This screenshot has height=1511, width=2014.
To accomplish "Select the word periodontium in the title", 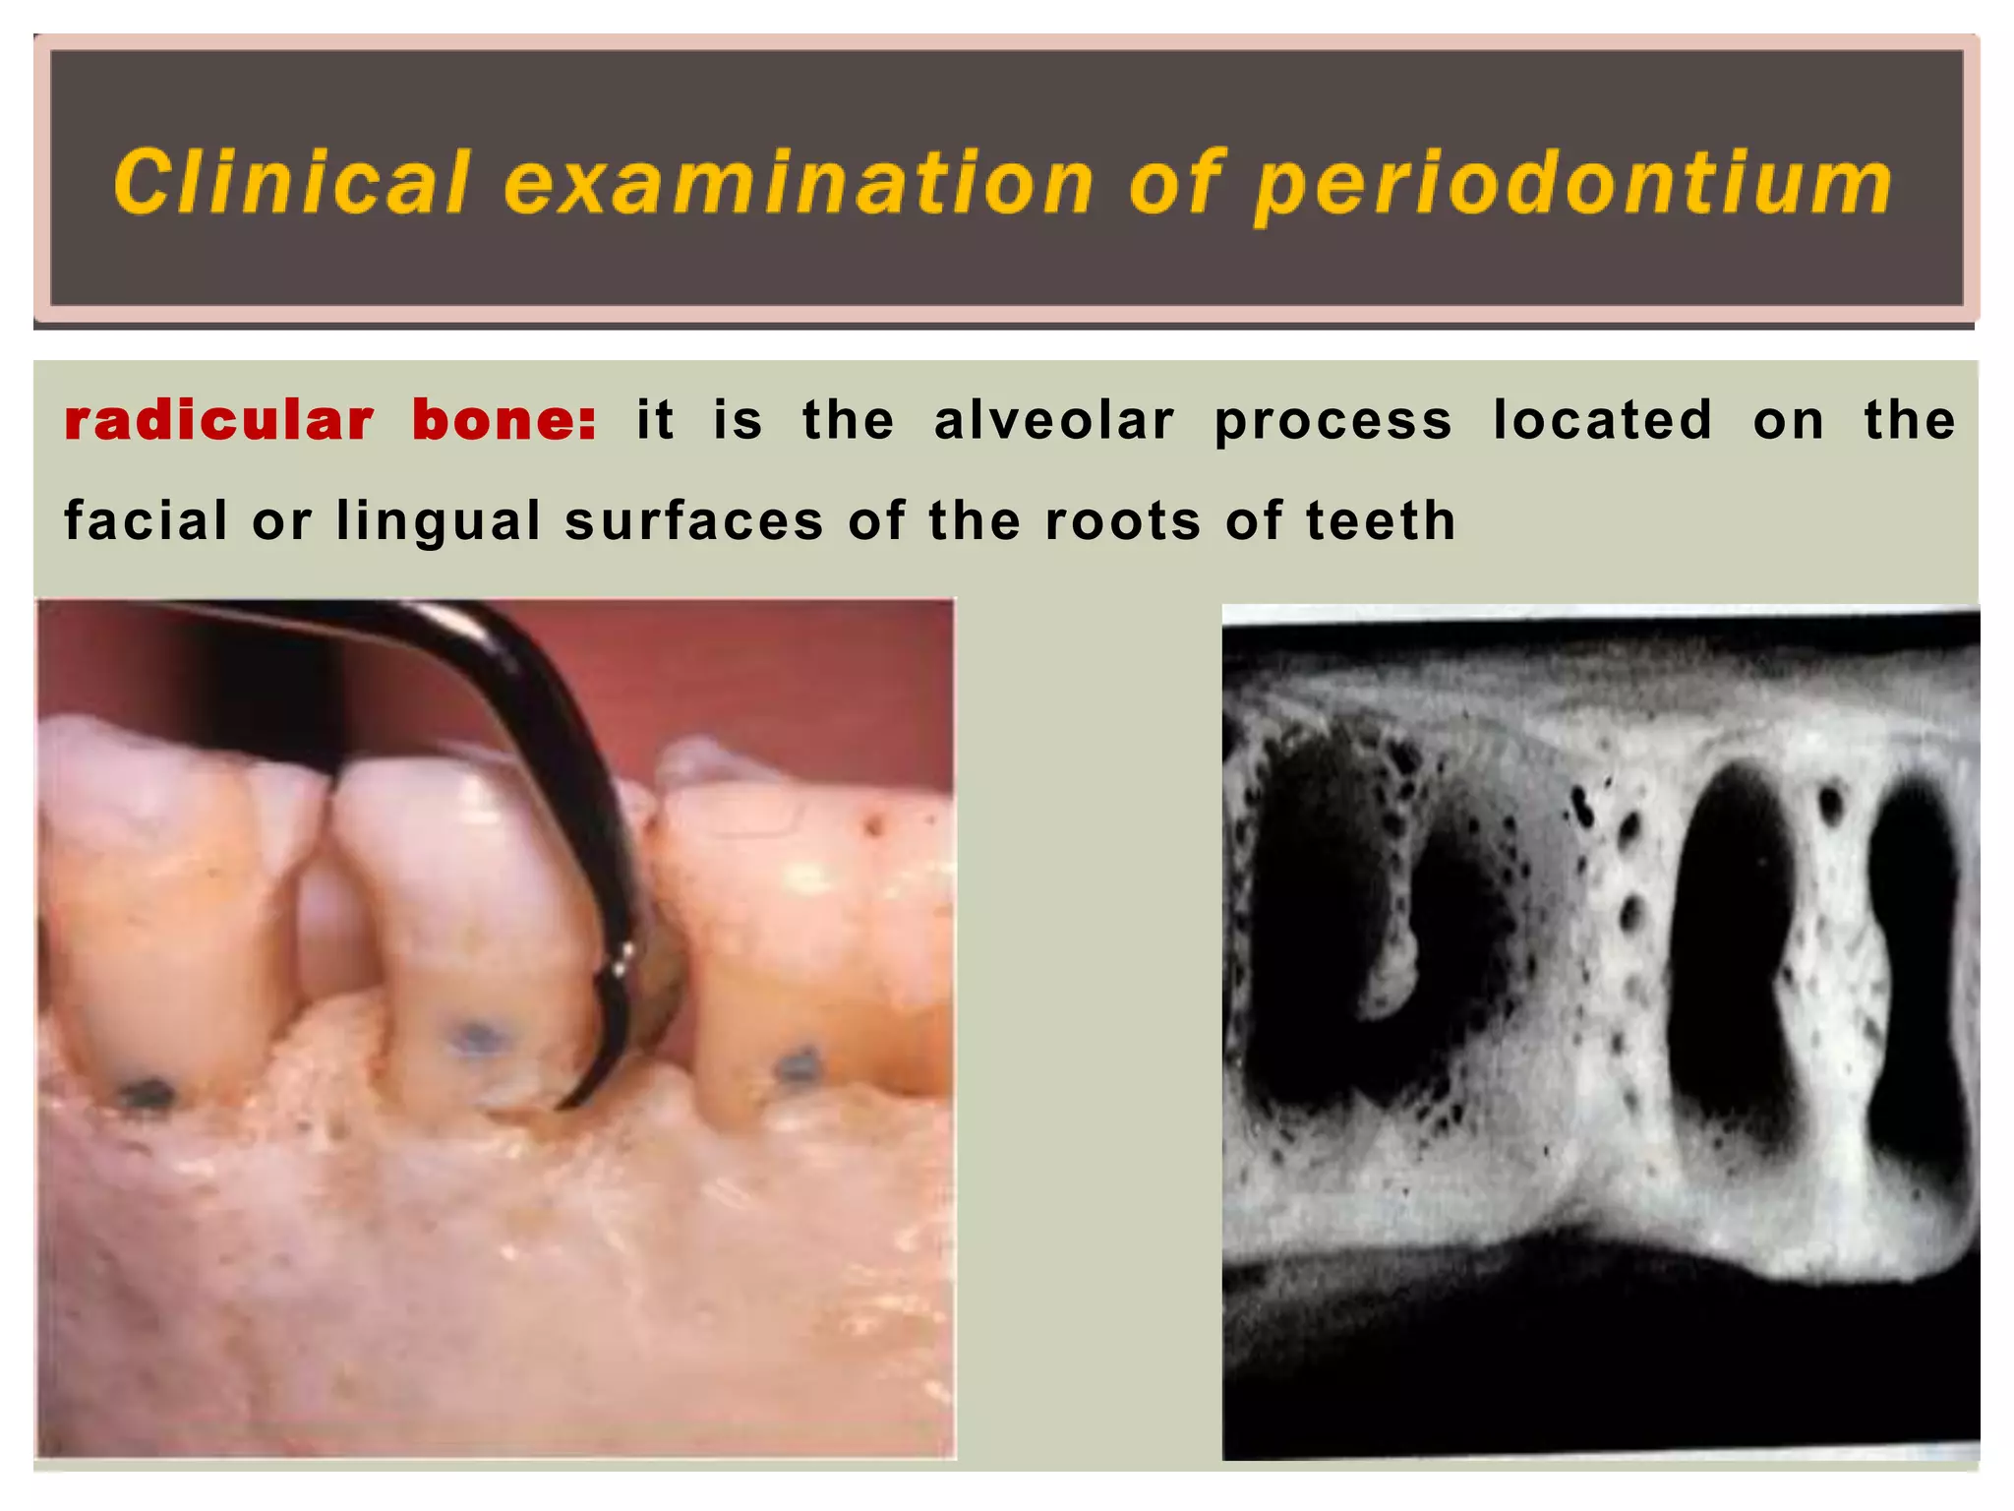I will pyautogui.click(x=1572, y=184).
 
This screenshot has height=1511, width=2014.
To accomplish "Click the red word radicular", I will pyautogui.click(x=219, y=420).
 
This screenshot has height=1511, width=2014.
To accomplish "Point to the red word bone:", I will pyautogui.click(x=504, y=420).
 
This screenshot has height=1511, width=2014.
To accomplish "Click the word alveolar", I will pyautogui.click(x=1054, y=420).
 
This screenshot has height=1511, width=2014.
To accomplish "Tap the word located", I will pyautogui.click(x=1603, y=420).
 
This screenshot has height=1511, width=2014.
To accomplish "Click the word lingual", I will pyautogui.click(x=439, y=521).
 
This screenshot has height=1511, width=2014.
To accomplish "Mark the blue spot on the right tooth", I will pyautogui.click(x=798, y=1064).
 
